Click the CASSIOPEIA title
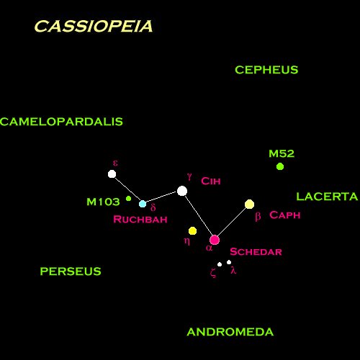(94, 26)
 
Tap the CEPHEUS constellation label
(266, 70)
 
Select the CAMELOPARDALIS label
(61, 122)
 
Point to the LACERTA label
(327, 197)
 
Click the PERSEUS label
(71, 271)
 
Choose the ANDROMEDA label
(230, 332)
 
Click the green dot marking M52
(280, 166)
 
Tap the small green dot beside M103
(129, 199)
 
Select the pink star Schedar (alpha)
(215, 240)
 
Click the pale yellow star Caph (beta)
(250, 204)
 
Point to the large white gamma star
(182, 191)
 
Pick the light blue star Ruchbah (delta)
(143, 204)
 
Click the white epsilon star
(112, 174)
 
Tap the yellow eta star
(192, 231)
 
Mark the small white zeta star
(220, 264)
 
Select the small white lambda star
(229, 262)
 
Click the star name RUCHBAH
(140, 220)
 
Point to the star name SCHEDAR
(256, 252)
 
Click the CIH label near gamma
(211, 181)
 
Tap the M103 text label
(103, 202)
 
